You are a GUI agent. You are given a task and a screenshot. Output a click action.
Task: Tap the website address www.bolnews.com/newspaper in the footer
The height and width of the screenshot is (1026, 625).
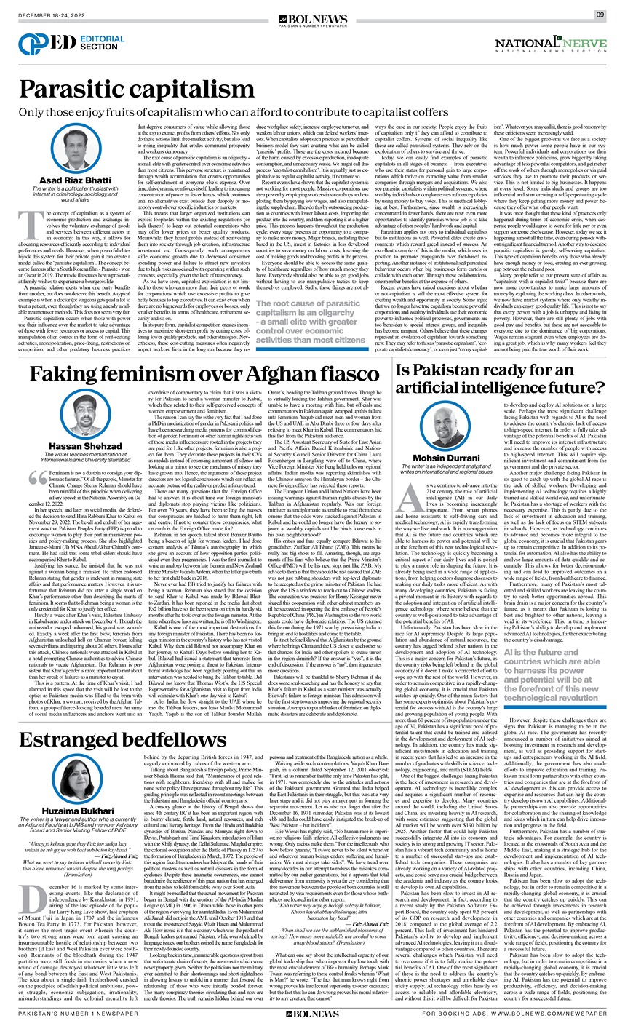click(563, 1014)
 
